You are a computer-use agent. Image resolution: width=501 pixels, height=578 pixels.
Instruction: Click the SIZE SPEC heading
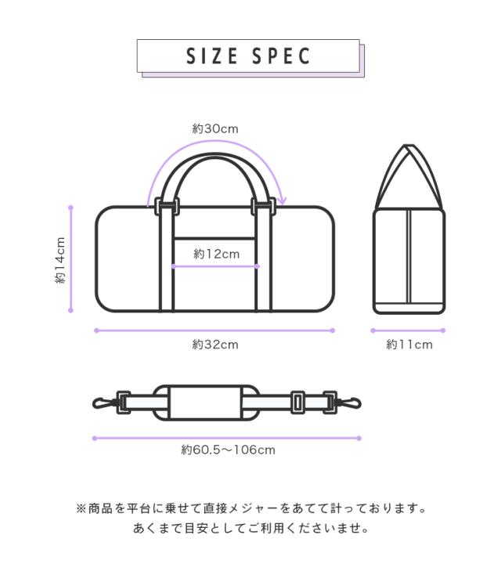[x=248, y=56]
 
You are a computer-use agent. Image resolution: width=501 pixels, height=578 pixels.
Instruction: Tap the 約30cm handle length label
[x=215, y=128]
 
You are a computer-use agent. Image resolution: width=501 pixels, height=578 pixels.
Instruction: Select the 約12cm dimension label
[x=217, y=254]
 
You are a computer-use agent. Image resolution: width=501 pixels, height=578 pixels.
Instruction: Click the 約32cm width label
[x=215, y=345]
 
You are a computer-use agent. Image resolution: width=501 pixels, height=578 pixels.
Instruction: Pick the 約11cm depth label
[x=409, y=345]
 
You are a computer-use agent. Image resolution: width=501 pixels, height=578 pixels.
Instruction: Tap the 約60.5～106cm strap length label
[x=228, y=450]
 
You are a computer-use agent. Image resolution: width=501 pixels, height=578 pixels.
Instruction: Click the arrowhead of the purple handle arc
[x=282, y=200]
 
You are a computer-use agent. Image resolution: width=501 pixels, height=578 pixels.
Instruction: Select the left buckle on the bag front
[x=167, y=206]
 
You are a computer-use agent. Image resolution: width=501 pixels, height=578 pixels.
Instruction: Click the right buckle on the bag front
[x=262, y=206]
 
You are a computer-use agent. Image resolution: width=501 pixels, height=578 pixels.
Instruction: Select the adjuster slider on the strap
[x=297, y=403]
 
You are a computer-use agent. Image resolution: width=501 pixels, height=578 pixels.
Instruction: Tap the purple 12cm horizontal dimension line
[x=215, y=266]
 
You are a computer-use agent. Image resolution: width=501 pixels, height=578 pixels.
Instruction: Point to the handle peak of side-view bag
[x=408, y=148]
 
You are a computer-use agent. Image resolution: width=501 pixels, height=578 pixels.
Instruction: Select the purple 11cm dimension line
[x=408, y=331]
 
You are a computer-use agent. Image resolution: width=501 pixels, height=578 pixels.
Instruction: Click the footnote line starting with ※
[x=250, y=509]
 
